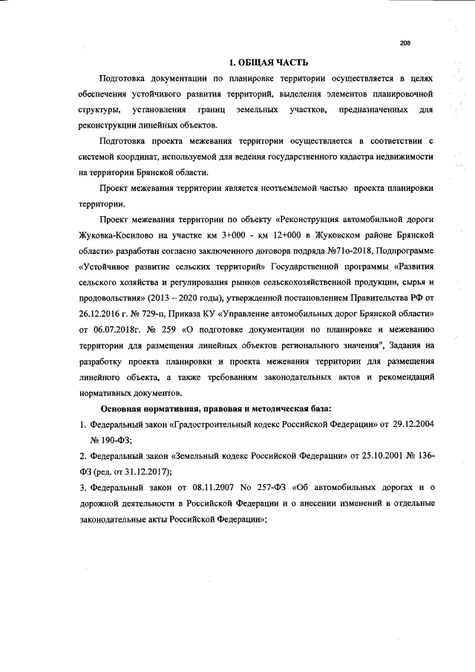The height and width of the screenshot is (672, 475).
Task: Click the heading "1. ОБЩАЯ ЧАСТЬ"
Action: pyautogui.click(x=266, y=62)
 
